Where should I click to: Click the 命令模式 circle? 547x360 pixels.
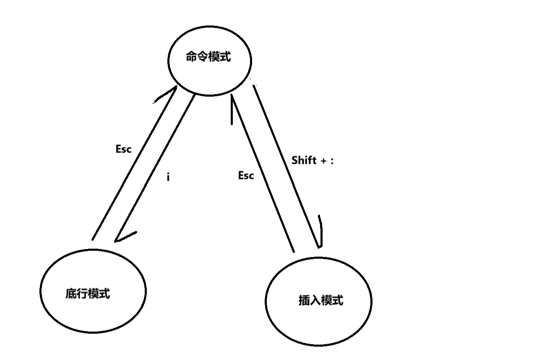pyautogui.click(x=209, y=60)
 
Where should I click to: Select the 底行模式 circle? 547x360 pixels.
pyautogui.click(x=93, y=291)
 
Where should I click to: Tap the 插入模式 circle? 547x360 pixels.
pyautogui.click(x=318, y=300)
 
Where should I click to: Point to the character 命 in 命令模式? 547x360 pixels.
pyautogui.click(x=191, y=57)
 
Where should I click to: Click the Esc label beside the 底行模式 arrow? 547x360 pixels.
pyautogui.click(x=123, y=149)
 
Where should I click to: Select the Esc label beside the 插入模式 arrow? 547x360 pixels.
pyautogui.click(x=246, y=175)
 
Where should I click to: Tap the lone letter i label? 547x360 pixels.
pyautogui.click(x=168, y=177)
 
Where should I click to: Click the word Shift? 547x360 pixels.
pyautogui.click(x=304, y=160)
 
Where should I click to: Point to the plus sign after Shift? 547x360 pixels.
pyautogui.click(x=323, y=161)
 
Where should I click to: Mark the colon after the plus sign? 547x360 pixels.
pyautogui.click(x=332, y=161)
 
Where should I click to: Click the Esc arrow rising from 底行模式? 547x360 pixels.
pyautogui.click(x=133, y=164)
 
